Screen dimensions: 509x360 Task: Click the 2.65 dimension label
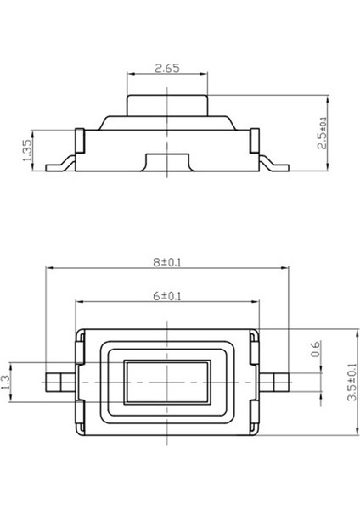coord(167,68)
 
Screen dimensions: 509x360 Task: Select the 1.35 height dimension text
coord(28,150)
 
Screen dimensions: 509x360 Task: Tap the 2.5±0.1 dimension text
coord(323,133)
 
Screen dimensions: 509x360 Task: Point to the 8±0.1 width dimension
coord(167,262)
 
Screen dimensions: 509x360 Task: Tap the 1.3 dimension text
coord(8,383)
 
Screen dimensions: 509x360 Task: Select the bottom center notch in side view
coord(167,162)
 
